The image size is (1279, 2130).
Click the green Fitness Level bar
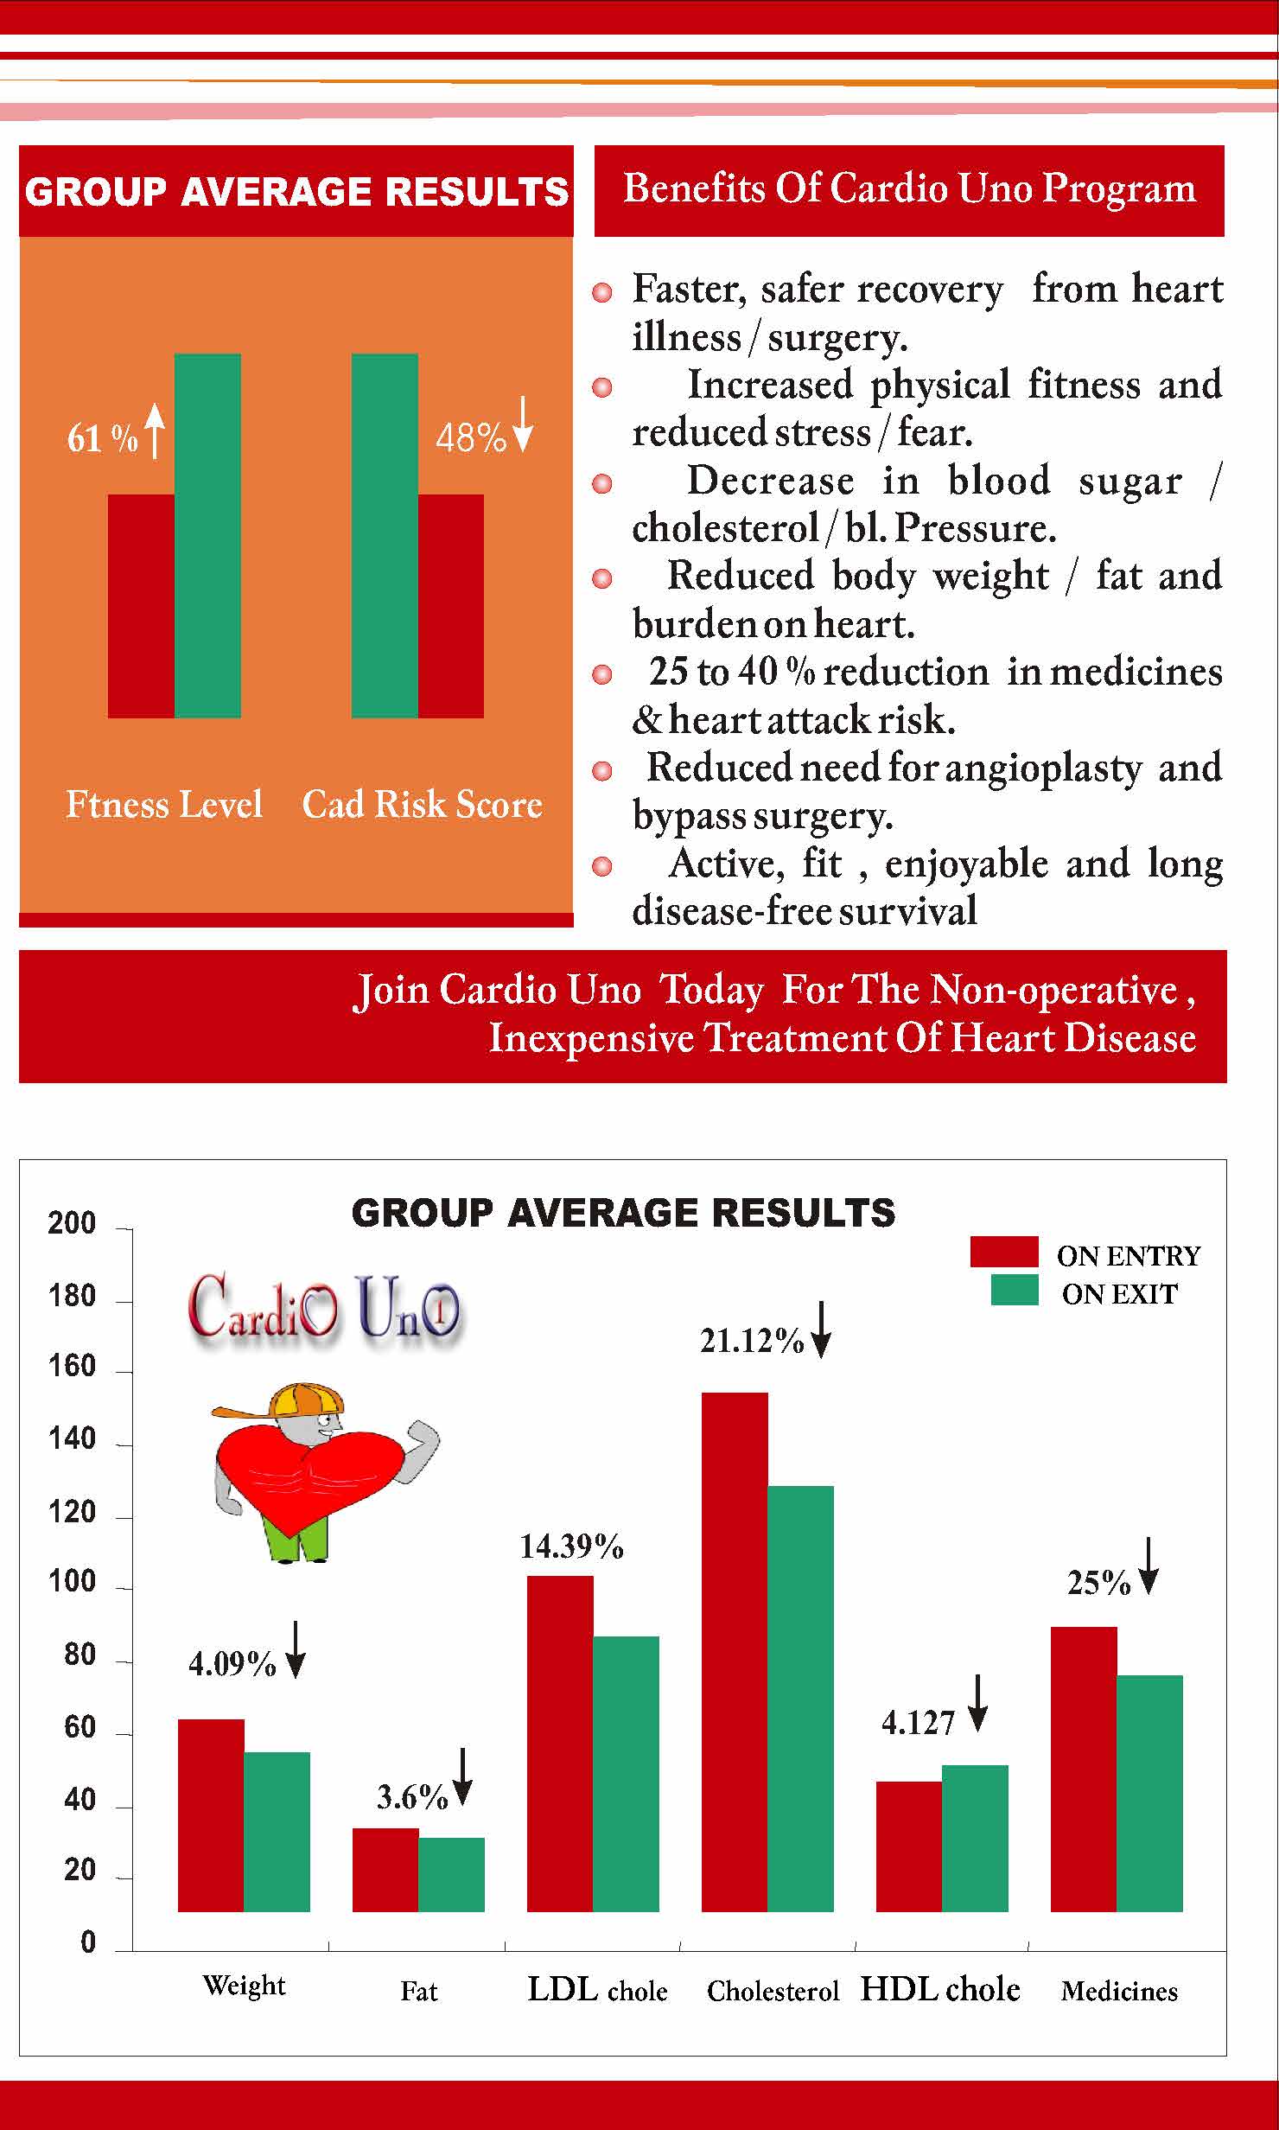click(207, 535)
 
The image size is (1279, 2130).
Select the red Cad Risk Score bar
click(450, 605)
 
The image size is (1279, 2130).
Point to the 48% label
click(470, 438)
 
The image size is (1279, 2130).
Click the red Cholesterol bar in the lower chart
click(735, 1651)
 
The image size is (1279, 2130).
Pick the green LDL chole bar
click(626, 1773)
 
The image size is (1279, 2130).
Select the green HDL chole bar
click(975, 1838)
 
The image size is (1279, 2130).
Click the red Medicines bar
click(1084, 1769)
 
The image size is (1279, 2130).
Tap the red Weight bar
click(211, 1815)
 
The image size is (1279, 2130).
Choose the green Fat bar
click(451, 1873)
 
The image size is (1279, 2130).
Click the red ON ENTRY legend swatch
click(1003, 1251)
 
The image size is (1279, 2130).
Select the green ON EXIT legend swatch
click(1014, 1290)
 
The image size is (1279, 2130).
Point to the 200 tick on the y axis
click(72, 1223)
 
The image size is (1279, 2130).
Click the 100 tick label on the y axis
click(72, 1582)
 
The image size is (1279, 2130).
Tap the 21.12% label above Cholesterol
click(752, 1341)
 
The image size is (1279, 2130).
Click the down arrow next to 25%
click(1148, 1566)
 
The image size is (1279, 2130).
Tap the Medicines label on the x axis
click(1119, 1992)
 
